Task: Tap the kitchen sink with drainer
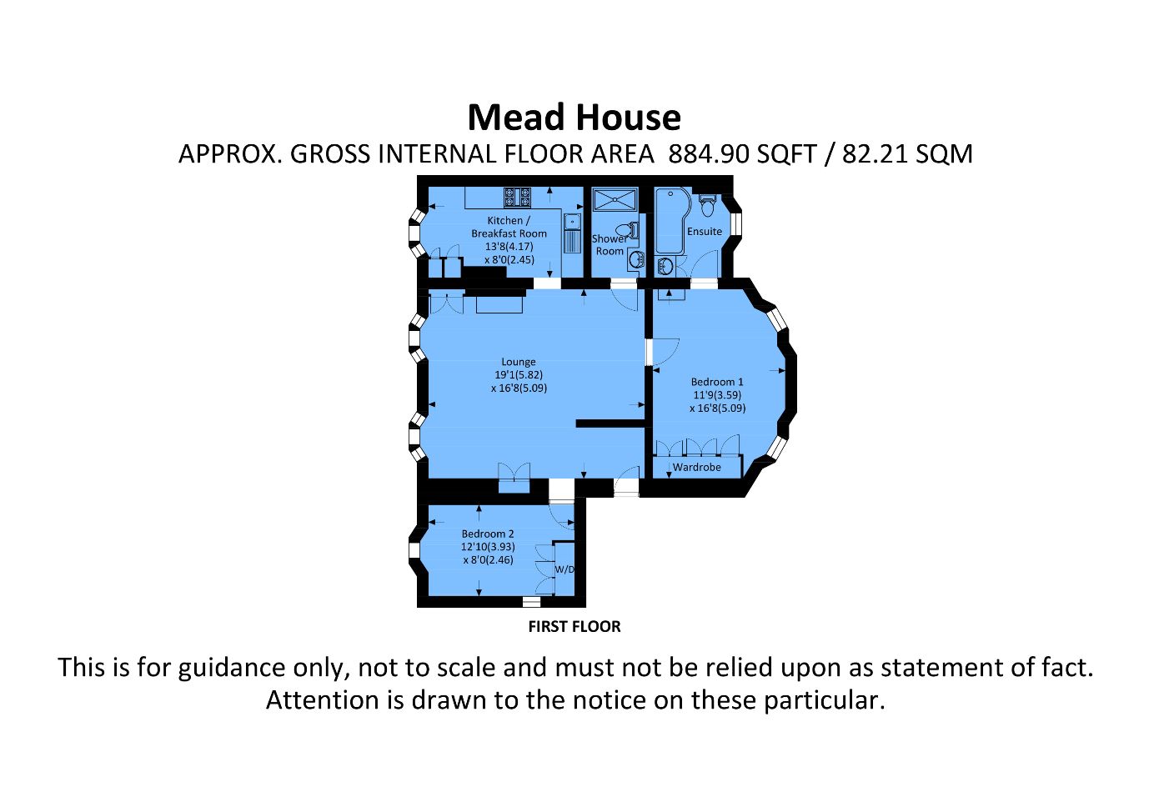[x=571, y=233]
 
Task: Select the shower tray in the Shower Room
[x=615, y=200]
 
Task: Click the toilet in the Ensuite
[x=707, y=204]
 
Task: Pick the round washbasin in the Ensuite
[x=665, y=267]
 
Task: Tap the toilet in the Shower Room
[x=625, y=230]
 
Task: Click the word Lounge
[x=518, y=362]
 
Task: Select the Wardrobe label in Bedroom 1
[x=696, y=467]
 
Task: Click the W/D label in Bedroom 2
[x=564, y=569]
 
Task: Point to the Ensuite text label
[x=705, y=231]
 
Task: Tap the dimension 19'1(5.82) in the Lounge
[x=518, y=375]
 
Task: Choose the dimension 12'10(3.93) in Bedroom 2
[x=488, y=547]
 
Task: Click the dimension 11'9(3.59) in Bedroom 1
[x=717, y=395]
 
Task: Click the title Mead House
[x=574, y=118]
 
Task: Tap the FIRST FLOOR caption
[x=574, y=626]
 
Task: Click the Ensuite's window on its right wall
[x=736, y=225]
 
